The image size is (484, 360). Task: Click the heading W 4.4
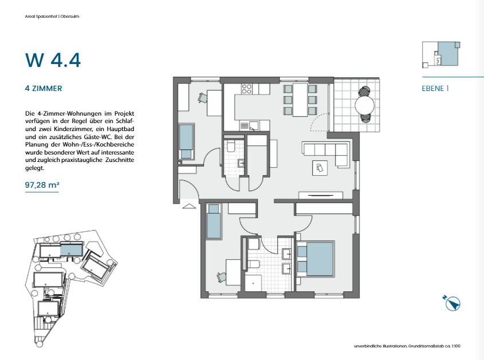(53, 60)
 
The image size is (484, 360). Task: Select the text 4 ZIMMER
(44, 89)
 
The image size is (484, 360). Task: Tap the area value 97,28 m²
(42, 185)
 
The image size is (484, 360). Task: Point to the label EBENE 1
(435, 89)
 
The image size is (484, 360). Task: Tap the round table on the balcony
(364, 105)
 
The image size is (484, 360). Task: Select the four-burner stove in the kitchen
(247, 89)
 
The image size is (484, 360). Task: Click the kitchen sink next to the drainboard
(254, 126)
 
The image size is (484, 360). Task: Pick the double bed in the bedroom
(315, 259)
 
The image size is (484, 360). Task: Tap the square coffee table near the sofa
(320, 168)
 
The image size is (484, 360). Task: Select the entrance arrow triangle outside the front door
(189, 206)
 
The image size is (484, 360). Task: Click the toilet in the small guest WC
(231, 146)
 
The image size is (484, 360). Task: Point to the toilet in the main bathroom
(253, 264)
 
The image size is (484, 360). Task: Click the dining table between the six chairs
(300, 100)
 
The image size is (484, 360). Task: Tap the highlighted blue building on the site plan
(71, 250)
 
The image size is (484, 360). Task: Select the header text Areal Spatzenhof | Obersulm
(52, 17)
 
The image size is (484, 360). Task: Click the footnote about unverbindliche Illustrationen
(407, 346)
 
